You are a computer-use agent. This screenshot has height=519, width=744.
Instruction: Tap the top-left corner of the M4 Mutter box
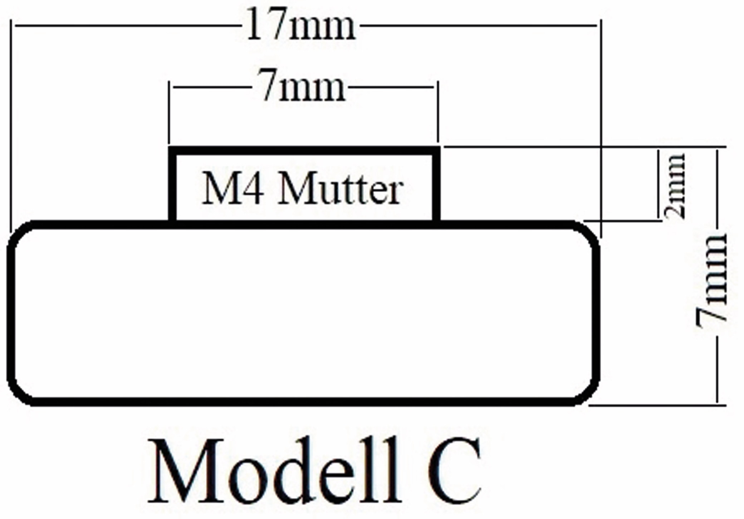[x=172, y=150]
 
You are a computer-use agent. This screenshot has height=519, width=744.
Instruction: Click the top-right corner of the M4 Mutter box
[x=436, y=150]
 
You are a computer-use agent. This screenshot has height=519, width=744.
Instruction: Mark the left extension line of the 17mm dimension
[x=11, y=122]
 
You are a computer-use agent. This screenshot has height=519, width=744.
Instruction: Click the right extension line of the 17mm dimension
[x=601, y=129]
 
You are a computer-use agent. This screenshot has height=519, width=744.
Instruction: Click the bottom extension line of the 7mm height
[x=657, y=406]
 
